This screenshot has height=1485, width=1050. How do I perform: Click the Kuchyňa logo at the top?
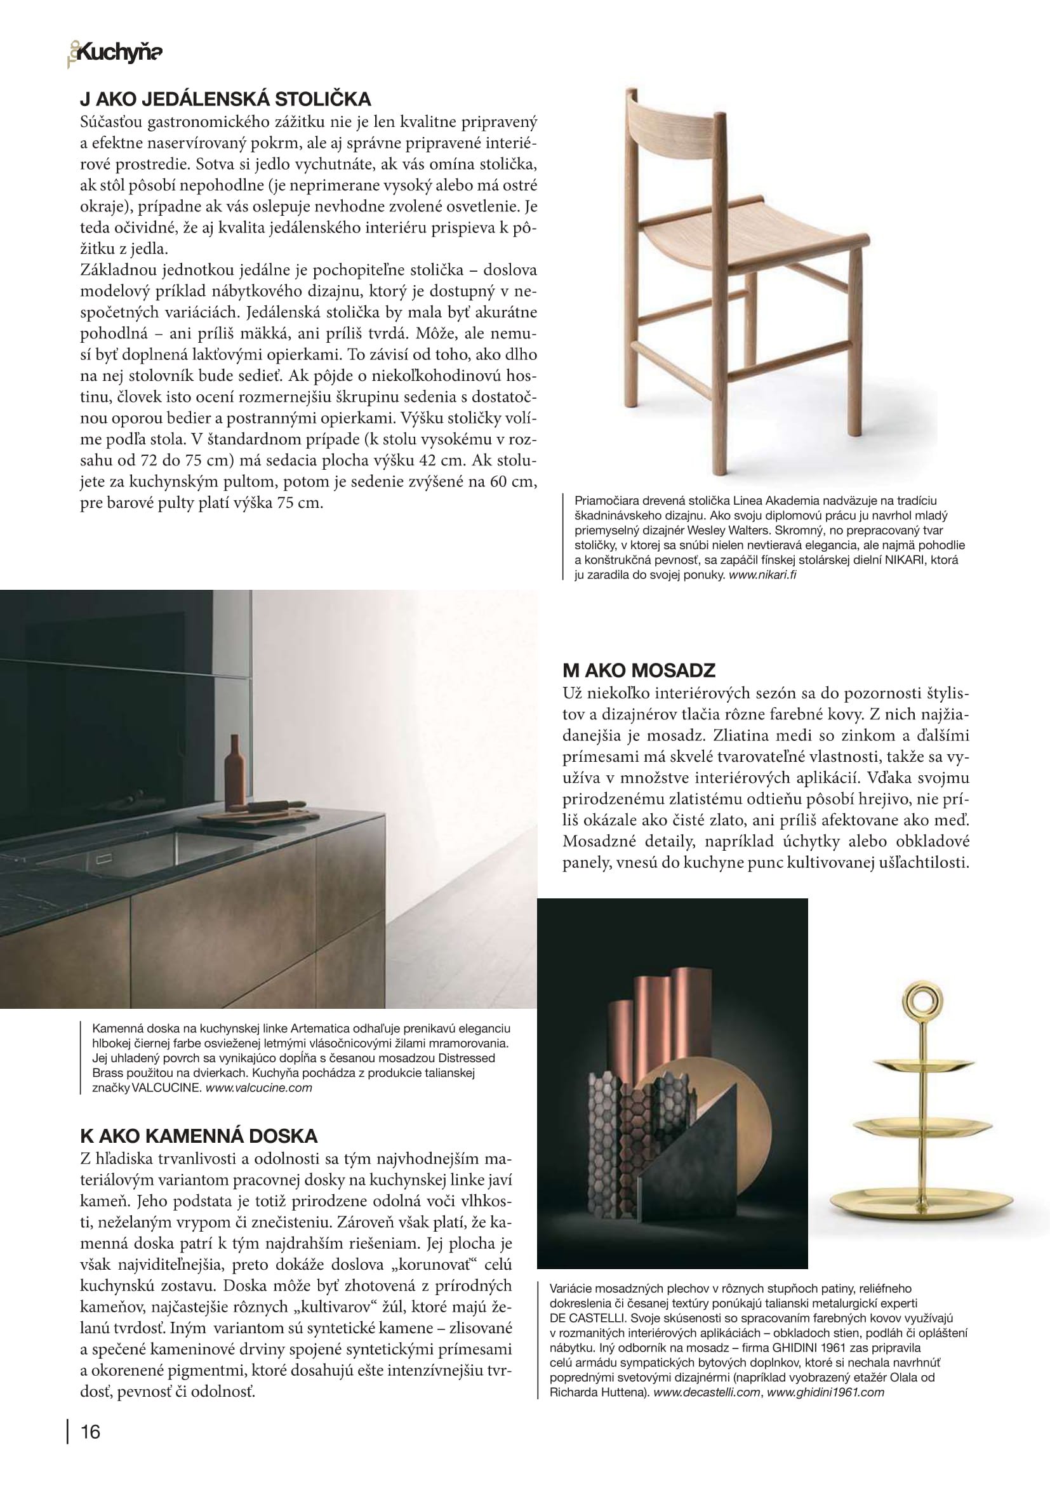pyautogui.click(x=116, y=53)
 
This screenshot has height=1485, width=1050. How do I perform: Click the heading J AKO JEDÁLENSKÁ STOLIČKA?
pyautogui.click(x=225, y=99)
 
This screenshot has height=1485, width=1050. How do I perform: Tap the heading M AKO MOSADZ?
pyautogui.click(x=639, y=670)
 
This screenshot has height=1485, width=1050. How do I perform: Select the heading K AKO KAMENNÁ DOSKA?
pyautogui.click(x=199, y=1136)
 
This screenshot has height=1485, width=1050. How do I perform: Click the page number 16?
pyautogui.click(x=91, y=1431)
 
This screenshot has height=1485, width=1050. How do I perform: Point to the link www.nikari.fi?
pyautogui.click(x=762, y=575)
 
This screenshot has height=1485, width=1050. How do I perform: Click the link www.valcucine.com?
pyautogui.click(x=258, y=1087)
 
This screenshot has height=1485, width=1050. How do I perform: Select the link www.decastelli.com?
pyautogui.click(x=706, y=1392)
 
